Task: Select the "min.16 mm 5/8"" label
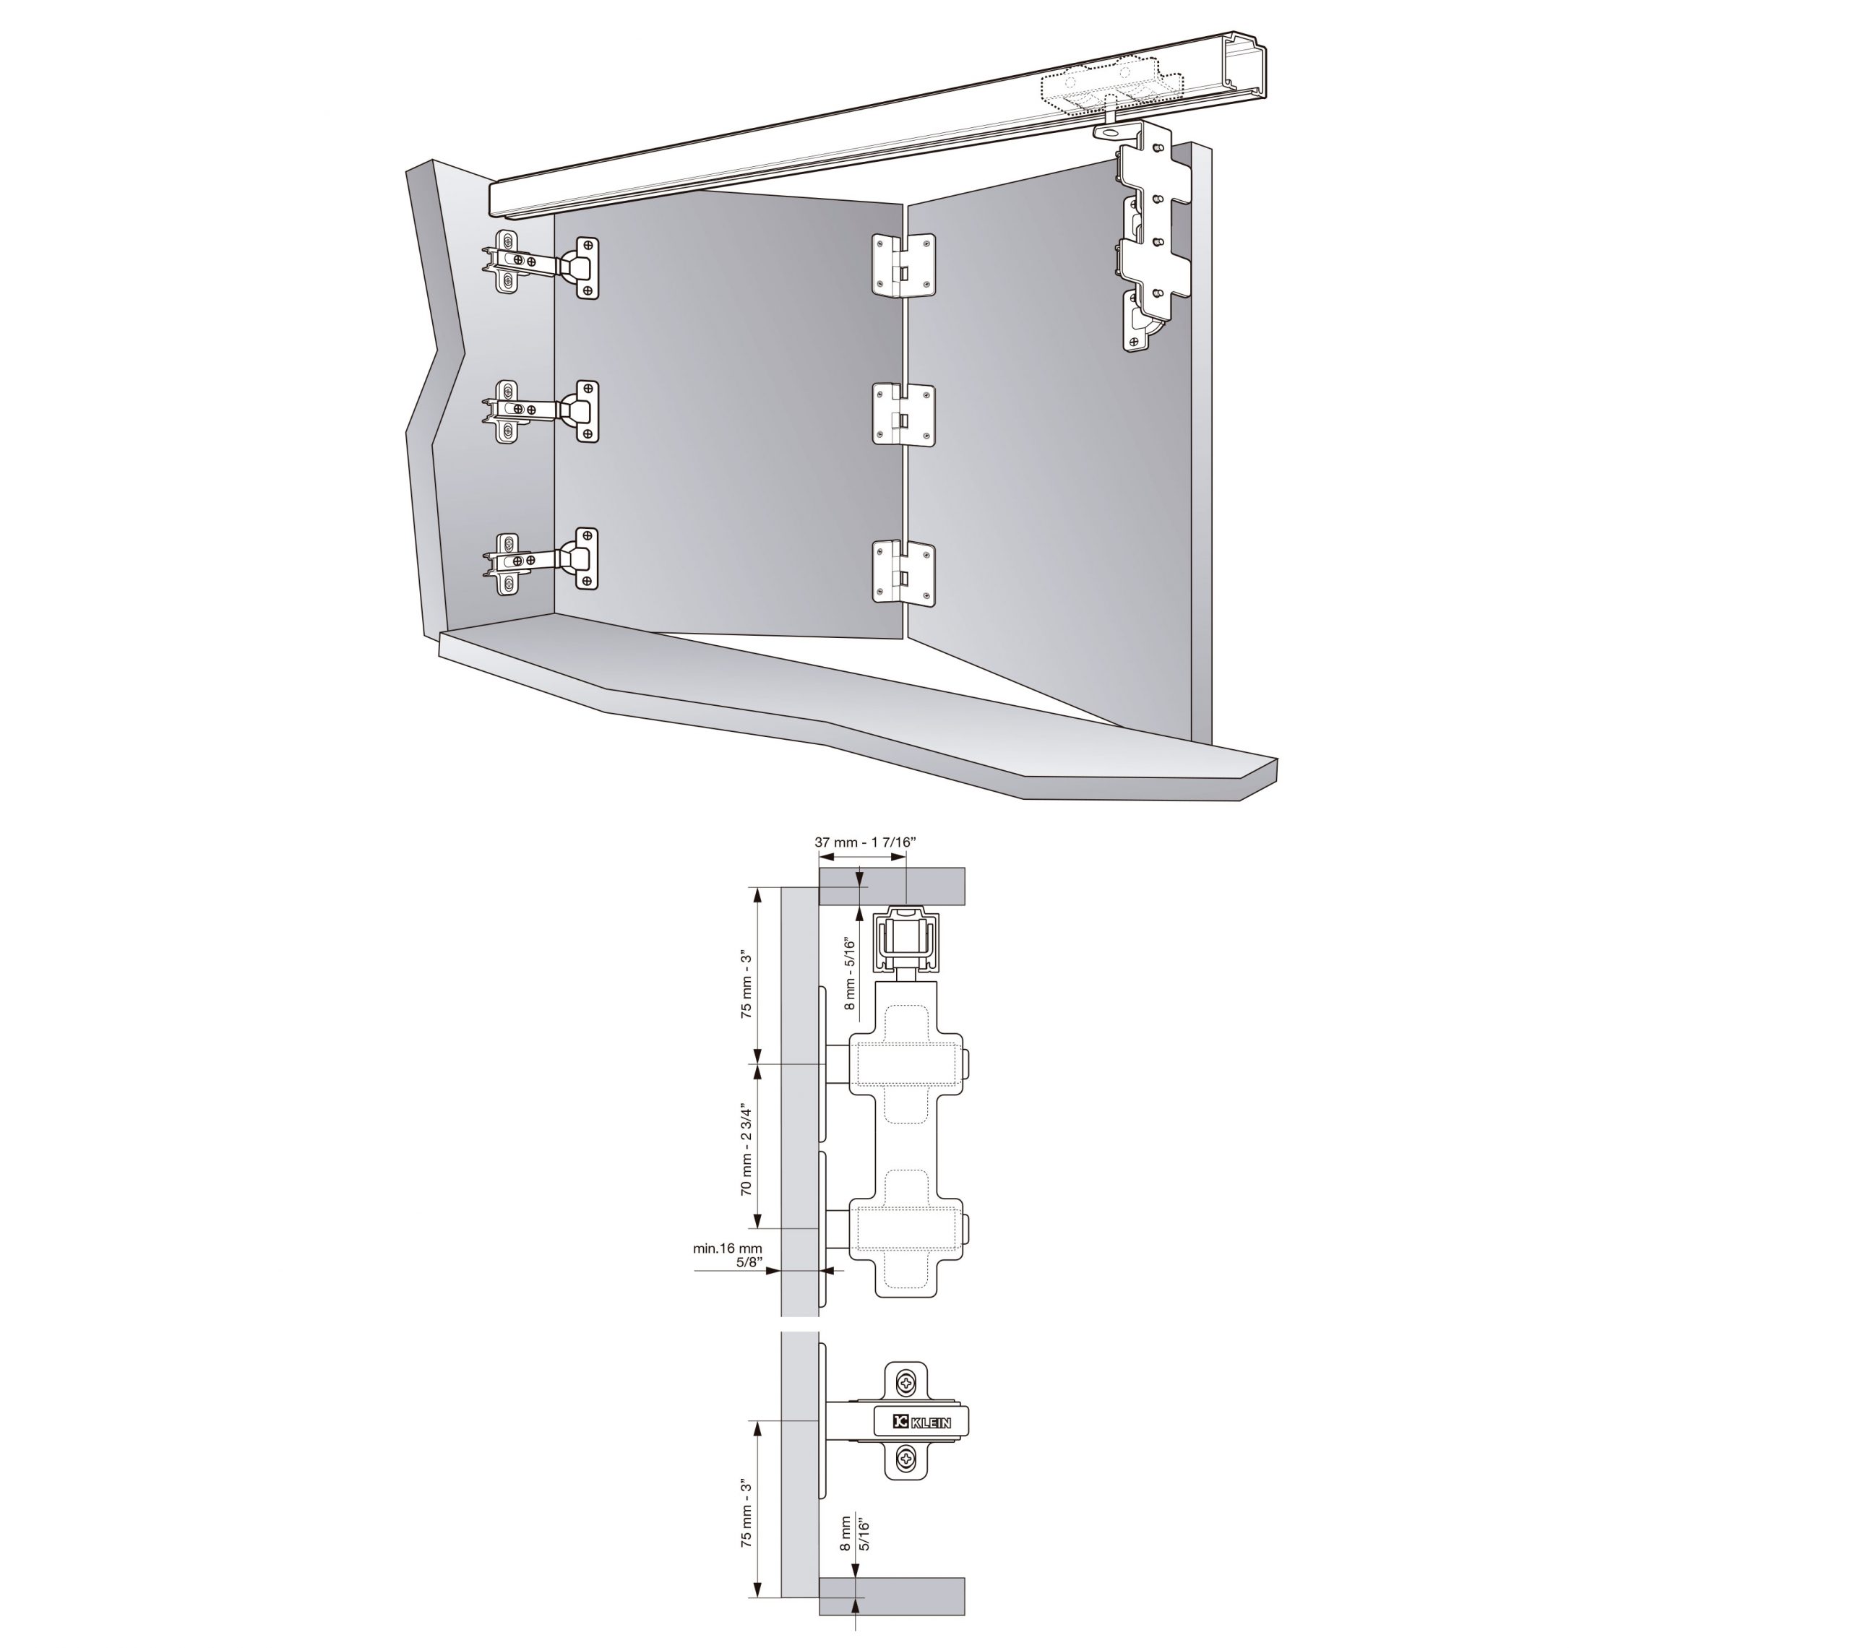click(x=728, y=1254)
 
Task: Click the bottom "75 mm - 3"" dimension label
click(x=747, y=1513)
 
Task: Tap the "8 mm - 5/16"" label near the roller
click(x=849, y=973)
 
